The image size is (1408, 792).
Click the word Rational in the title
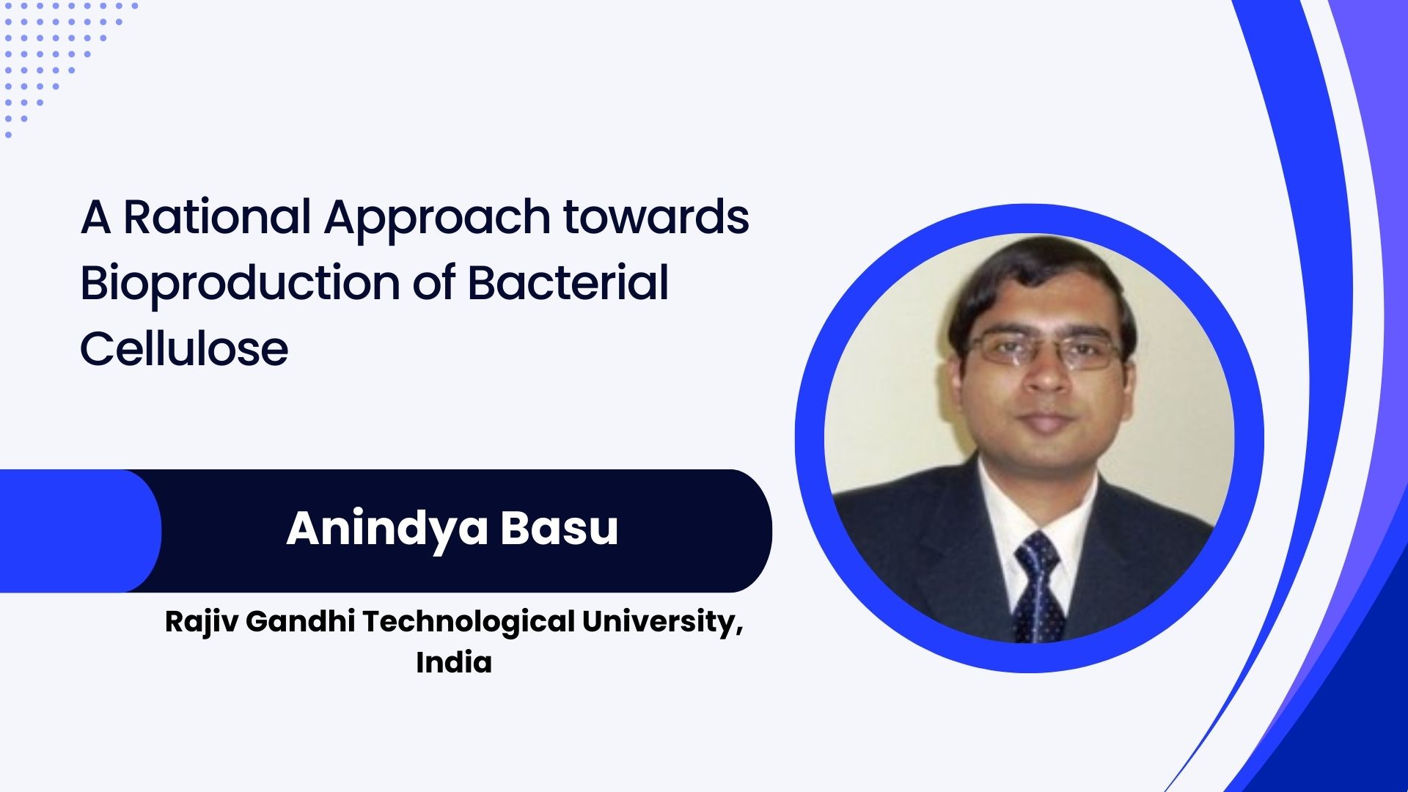tap(217, 217)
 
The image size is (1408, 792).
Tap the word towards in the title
tap(656, 217)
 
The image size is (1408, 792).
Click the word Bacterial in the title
tap(568, 282)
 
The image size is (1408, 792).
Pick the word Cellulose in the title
tap(184, 348)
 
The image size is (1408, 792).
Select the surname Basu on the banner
tap(560, 528)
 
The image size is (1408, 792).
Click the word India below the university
tap(454, 662)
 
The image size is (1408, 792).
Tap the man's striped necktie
tap(1038, 586)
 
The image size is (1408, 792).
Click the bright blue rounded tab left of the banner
tap(81, 531)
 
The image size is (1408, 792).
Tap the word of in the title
tap(433, 282)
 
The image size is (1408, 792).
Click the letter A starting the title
tap(96, 217)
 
